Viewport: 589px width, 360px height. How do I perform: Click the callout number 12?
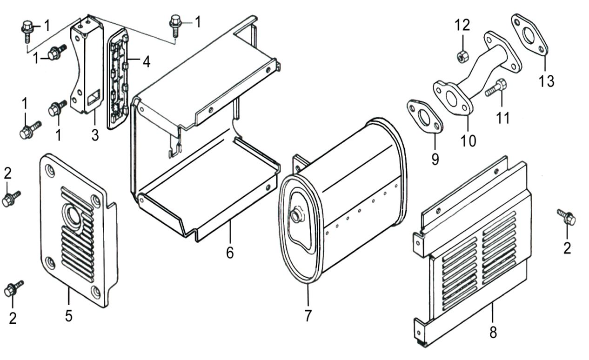coord(462,25)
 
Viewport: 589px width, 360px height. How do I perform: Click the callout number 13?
coord(547,81)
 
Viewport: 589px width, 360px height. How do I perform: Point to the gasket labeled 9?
coord(425,118)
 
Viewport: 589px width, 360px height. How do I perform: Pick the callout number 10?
coord(469,140)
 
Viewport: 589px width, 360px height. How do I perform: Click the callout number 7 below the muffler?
coord(308,316)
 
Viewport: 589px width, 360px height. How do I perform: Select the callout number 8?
coord(493,333)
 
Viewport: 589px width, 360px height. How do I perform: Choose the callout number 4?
coord(146,61)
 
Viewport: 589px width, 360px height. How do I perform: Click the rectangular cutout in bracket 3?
coord(93,98)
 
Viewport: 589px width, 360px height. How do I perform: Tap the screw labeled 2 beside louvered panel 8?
coord(567,217)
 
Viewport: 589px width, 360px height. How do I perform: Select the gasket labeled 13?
coord(530,36)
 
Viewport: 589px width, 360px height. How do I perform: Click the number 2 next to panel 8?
coord(567,248)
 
